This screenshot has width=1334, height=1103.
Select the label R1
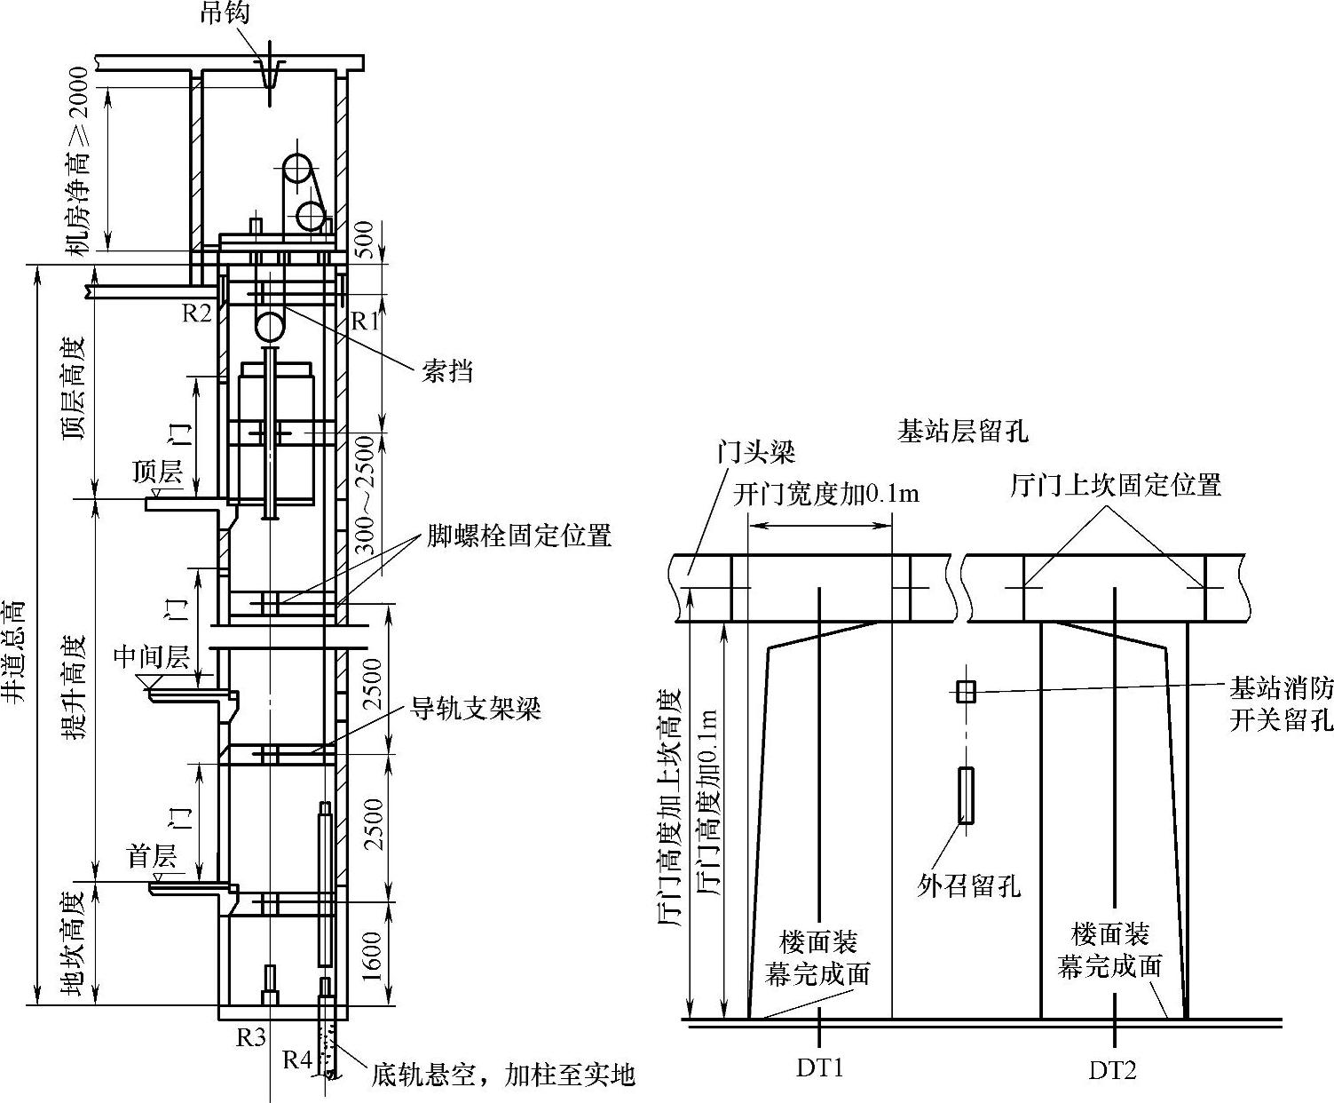[365, 321]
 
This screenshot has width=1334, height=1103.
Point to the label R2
[197, 313]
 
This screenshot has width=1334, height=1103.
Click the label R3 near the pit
[251, 1036]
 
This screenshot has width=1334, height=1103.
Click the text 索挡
[447, 371]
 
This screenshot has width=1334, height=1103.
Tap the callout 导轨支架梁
[475, 709]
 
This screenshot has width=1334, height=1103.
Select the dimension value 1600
[373, 956]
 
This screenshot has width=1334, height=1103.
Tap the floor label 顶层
[157, 471]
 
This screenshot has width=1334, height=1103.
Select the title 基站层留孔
[962, 432]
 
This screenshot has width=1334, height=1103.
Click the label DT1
[819, 1068]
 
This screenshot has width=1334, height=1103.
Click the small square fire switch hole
[966, 691]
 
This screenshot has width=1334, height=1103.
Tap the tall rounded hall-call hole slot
[966, 795]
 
